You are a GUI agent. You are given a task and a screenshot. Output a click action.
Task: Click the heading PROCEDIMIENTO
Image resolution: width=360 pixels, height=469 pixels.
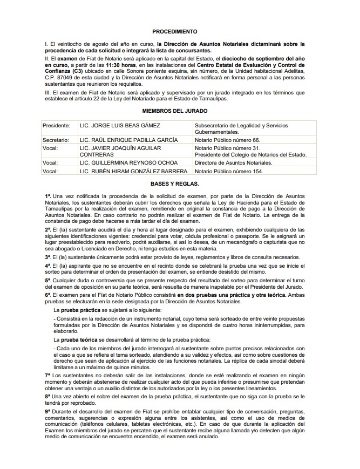[x=174, y=32]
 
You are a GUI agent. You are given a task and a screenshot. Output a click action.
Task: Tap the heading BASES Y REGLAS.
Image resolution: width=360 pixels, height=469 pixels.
[x=174, y=183]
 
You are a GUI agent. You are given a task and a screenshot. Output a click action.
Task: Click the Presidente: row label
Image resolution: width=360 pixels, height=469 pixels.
[x=57, y=126]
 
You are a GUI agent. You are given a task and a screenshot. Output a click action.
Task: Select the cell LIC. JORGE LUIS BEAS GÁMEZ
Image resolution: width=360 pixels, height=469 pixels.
[x=119, y=126]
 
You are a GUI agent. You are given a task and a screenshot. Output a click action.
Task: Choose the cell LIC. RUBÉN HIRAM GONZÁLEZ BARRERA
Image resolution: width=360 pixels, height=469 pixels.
[x=133, y=172]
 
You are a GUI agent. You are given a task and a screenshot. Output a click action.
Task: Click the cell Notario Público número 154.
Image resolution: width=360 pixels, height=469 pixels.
[x=228, y=172]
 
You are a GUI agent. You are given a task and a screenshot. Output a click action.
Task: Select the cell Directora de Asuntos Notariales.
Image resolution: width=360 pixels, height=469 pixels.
[x=234, y=162]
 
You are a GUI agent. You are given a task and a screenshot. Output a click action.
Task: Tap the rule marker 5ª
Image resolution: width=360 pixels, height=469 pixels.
[x=48, y=281]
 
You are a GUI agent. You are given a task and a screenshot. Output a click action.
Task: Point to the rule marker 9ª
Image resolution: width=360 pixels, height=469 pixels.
[x=48, y=412]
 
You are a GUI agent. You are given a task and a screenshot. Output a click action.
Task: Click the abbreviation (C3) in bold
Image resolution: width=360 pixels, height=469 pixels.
[x=79, y=71]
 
